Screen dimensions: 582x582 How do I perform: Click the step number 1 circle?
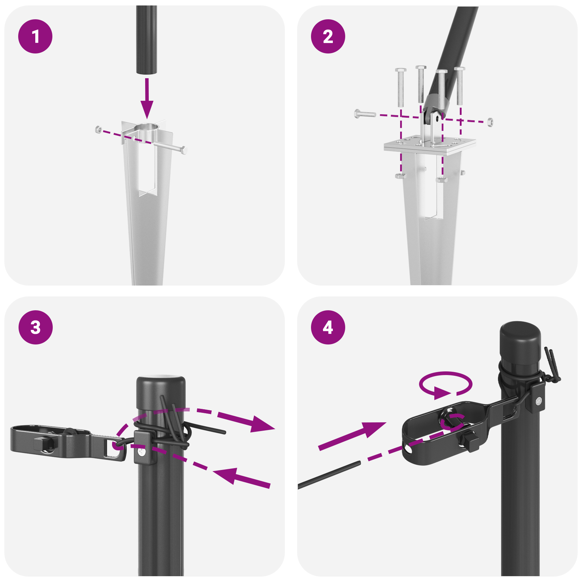(35, 36)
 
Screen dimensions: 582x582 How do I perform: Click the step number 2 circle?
(328, 36)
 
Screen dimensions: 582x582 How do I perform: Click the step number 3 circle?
(35, 327)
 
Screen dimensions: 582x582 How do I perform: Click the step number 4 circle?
(328, 327)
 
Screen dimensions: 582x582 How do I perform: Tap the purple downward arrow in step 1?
(147, 98)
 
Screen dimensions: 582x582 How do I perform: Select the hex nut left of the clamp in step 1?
(98, 129)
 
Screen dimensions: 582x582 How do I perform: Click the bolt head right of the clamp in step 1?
(184, 150)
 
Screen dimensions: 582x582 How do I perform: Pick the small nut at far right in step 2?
(490, 122)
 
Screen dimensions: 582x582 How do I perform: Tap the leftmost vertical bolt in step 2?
(400, 87)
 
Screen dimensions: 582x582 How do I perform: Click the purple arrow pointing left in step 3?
(236, 477)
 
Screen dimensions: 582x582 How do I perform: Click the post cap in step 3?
(161, 393)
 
